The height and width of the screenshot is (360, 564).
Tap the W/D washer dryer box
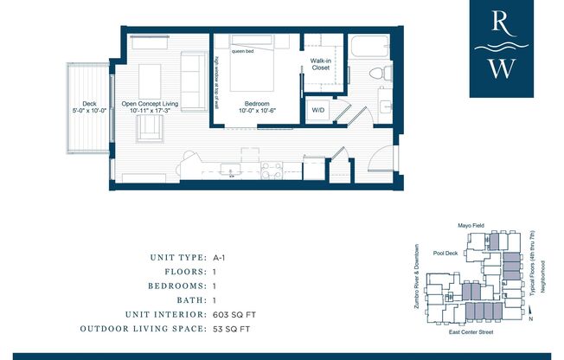tap(317, 110)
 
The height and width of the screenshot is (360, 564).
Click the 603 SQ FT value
tap(232, 315)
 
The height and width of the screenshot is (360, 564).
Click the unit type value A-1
tap(221, 257)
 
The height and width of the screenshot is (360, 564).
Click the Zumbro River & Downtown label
tap(419, 279)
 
